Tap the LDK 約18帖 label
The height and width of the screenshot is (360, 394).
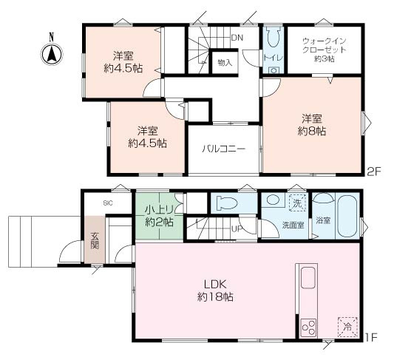(215, 291)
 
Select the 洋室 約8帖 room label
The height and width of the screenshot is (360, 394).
(312, 124)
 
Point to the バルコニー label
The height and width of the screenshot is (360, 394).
(224, 149)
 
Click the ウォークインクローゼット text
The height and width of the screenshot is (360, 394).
(325, 45)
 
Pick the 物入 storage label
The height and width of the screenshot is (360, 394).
(225, 63)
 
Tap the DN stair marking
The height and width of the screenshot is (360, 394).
(237, 38)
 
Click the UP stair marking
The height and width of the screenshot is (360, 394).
(237, 229)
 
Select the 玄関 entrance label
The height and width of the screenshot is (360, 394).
(95, 240)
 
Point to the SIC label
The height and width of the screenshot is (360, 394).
(108, 203)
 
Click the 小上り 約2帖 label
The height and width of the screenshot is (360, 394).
(159, 216)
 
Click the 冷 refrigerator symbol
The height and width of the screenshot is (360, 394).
(348, 327)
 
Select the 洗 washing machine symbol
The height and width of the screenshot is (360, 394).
(297, 203)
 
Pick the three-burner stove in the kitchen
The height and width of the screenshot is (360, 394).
(309, 327)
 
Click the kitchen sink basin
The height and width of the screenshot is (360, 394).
(308, 278)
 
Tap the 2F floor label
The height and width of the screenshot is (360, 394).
(374, 171)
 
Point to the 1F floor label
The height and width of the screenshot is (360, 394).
(371, 338)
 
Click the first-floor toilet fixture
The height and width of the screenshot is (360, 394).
(227, 203)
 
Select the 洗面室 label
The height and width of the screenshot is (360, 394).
(293, 225)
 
